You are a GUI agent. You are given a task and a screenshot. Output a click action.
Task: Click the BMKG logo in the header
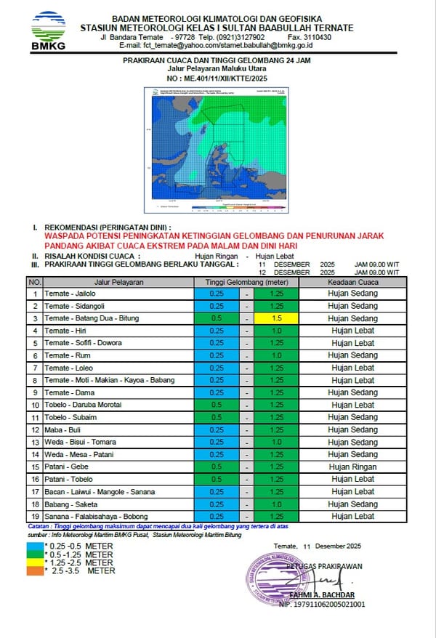point(48,31)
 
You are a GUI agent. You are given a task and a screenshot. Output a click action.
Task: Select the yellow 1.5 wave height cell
point(276,318)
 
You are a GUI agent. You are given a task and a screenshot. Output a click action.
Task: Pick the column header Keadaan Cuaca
point(353,281)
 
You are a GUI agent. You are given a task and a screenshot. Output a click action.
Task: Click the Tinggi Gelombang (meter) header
point(246,281)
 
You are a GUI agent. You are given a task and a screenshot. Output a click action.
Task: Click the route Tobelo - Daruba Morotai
point(83,405)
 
